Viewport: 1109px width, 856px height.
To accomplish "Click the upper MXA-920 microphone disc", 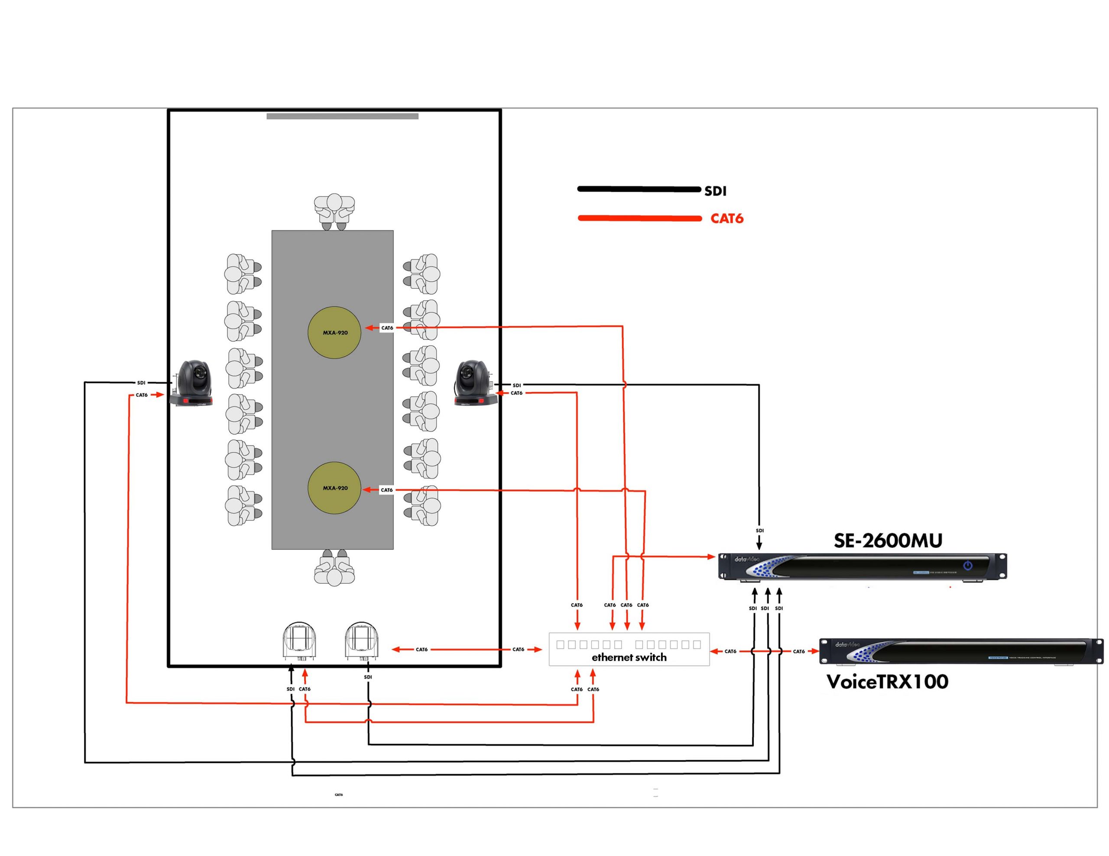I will coord(334,332).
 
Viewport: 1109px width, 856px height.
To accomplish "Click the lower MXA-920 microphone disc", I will coord(334,488).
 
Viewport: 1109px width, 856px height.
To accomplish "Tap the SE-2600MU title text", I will coord(888,541).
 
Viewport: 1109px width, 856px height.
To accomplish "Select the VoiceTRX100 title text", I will coord(887,682).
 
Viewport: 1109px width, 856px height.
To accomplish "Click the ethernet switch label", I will coord(629,657).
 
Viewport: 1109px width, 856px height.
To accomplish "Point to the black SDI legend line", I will coord(639,189).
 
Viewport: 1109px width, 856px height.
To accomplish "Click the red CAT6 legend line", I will coord(639,218).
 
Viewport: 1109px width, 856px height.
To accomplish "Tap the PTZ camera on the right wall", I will coord(475,383).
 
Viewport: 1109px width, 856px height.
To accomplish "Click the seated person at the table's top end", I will coord(334,211).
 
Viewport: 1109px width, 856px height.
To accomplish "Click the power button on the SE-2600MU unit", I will coord(968,565).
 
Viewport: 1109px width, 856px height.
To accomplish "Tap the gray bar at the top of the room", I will coord(342,116).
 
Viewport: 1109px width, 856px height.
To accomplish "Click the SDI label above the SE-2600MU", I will coord(760,531).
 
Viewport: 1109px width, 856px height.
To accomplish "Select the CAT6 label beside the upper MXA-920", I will coord(387,328).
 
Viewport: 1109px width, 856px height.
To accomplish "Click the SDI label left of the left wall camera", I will coord(141,383).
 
